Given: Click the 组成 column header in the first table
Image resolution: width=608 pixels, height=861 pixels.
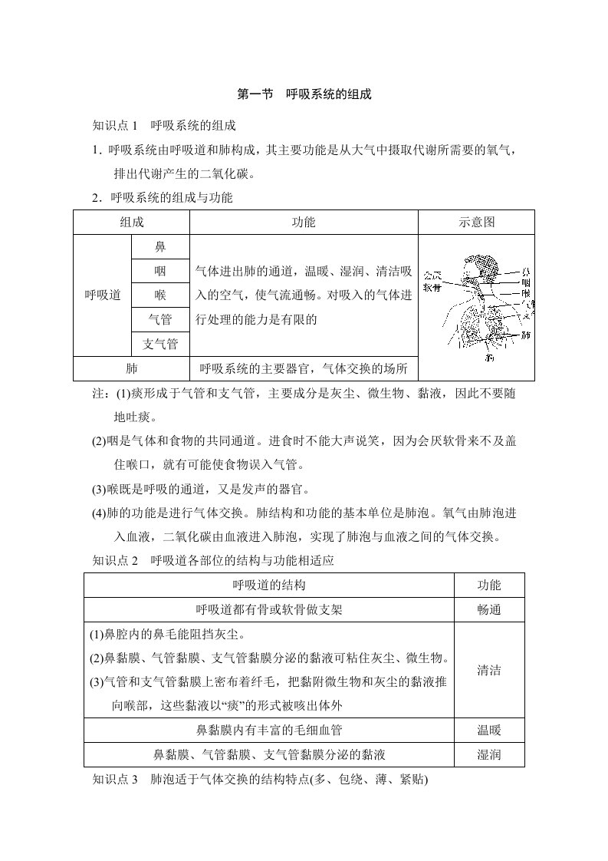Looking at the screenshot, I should pyautogui.click(x=131, y=223).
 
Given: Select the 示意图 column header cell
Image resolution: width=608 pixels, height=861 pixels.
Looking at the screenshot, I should pyautogui.click(x=476, y=223).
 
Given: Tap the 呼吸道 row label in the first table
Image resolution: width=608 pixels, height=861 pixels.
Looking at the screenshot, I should pyautogui.click(x=102, y=295).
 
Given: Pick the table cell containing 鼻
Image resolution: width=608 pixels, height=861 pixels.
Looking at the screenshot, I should pyautogui.click(x=160, y=246).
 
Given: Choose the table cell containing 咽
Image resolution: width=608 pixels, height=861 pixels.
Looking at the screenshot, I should pyautogui.click(x=160, y=271).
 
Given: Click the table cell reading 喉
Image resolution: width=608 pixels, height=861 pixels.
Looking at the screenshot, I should pyautogui.click(x=160, y=295).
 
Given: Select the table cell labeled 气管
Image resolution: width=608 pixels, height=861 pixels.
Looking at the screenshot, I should pyautogui.click(x=160, y=319).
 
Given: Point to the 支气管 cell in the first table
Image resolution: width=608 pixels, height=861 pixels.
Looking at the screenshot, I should pyautogui.click(x=160, y=344).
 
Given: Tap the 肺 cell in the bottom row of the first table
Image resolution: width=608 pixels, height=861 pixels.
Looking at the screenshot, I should pyautogui.click(x=131, y=368).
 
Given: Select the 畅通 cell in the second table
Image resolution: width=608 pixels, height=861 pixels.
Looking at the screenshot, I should pyautogui.click(x=488, y=609).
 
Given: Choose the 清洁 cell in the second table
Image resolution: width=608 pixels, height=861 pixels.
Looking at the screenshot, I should pyautogui.click(x=488, y=670).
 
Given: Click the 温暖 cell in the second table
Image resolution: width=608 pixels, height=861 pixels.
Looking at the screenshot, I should pyautogui.click(x=488, y=729).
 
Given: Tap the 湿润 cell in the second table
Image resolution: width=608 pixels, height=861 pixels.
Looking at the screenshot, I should pyautogui.click(x=488, y=754).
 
